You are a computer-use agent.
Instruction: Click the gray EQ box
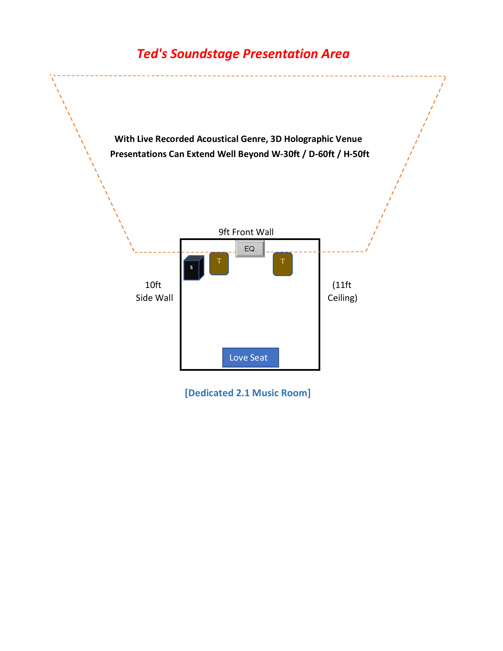[x=250, y=249]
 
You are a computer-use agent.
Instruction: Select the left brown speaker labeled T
[x=219, y=264]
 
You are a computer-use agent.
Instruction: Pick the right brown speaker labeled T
[x=282, y=264]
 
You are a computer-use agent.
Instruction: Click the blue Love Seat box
[x=250, y=357]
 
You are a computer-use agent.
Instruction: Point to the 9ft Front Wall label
[x=246, y=232]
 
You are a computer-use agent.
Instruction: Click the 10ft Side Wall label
[x=154, y=291]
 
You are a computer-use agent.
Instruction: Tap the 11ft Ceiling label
[x=342, y=291]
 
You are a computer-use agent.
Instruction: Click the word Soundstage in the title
[x=205, y=54]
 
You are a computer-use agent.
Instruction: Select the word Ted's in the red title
[x=152, y=54]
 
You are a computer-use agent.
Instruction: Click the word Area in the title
[x=335, y=54]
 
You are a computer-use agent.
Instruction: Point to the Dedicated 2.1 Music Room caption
[x=248, y=393]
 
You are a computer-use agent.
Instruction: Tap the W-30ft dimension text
[x=285, y=154]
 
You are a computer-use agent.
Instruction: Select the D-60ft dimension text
[x=321, y=154]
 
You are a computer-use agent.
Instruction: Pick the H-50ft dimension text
[x=356, y=154]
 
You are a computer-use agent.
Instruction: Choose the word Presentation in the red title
[x=281, y=54]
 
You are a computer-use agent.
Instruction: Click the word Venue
[x=349, y=139]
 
